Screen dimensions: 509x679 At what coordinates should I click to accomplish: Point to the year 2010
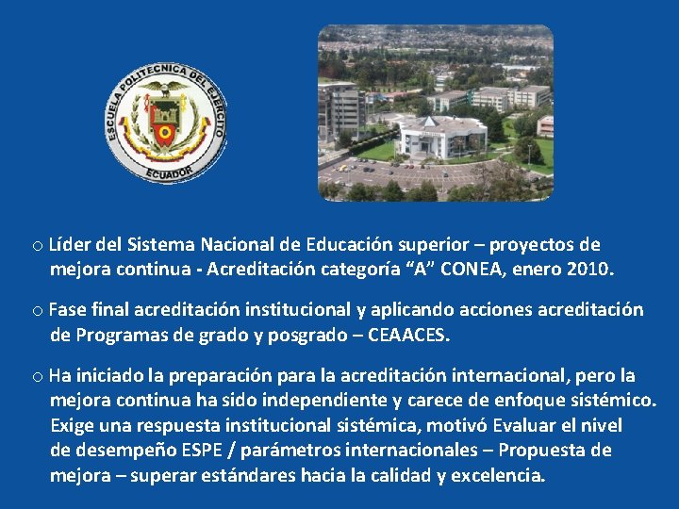pos(590,270)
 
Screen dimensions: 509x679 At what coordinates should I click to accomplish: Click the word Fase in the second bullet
pos(66,309)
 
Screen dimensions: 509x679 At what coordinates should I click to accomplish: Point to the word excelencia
pos(497,475)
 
